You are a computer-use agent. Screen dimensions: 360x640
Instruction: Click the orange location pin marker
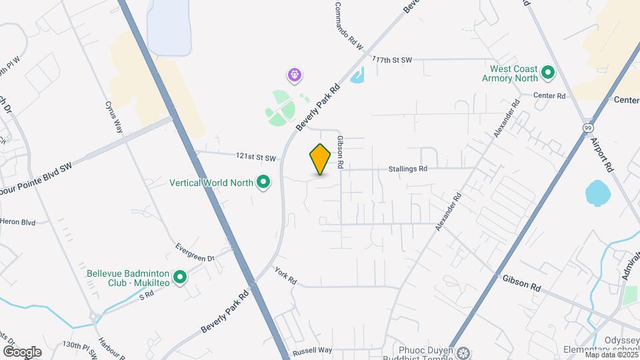click(321, 159)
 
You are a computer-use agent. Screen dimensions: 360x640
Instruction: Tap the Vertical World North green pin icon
click(263, 181)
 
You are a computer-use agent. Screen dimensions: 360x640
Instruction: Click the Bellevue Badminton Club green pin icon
click(179, 277)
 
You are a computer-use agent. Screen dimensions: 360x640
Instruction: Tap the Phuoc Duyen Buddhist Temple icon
click(465, 352)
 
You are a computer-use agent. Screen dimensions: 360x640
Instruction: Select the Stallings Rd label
click(407, 169)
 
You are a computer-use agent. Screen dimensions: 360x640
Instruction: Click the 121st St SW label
click(255, 157)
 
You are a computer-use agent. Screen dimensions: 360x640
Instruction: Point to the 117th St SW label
click(393, 60)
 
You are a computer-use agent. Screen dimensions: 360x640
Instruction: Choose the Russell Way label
click(312, 350)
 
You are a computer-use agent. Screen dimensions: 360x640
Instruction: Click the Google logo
click(22, 351)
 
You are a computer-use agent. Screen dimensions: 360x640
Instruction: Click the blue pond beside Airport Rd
click(598, 193)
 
